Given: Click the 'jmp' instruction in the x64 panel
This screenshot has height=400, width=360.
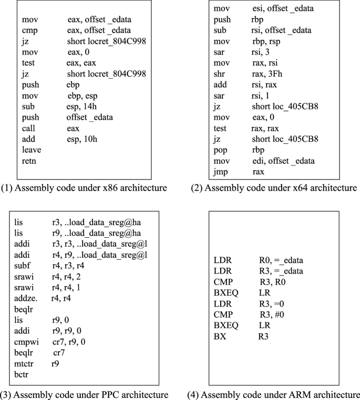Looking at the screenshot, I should coord(220,172).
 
